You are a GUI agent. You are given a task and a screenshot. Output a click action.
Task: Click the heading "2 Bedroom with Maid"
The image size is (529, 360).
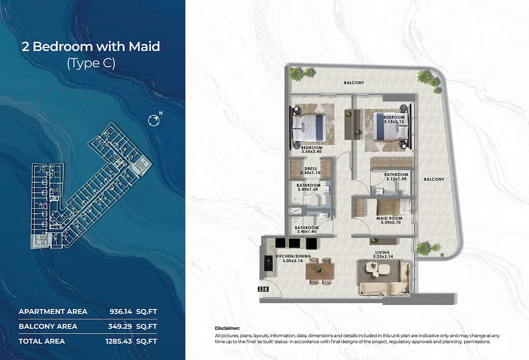pyautogui.click(x=91, y=47)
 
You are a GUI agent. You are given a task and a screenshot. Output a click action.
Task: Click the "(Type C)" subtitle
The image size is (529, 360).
pyautogui.click(x=91, y=63)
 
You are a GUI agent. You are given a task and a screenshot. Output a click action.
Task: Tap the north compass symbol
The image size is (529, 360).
pyautogui.click(x=154, y=119)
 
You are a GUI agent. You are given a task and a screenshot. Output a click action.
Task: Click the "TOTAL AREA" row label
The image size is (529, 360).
pyautogui.click(x=42, y=341)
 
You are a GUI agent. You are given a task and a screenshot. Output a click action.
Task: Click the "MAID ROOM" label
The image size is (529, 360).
pyautogui.click(x=389, y=218)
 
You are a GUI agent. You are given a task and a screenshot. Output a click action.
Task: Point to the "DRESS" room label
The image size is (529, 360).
pyautogui.click(x=311, y=169)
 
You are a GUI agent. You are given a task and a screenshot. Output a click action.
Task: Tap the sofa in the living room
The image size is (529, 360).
pyautogui.click(x=384, y=288)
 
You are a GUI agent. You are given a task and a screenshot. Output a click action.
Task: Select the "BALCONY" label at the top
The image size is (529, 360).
pyautogui.click(x=354, y=83)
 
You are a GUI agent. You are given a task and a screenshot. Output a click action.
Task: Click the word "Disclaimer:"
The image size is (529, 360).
pyautogui.click(x=227, y=328)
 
